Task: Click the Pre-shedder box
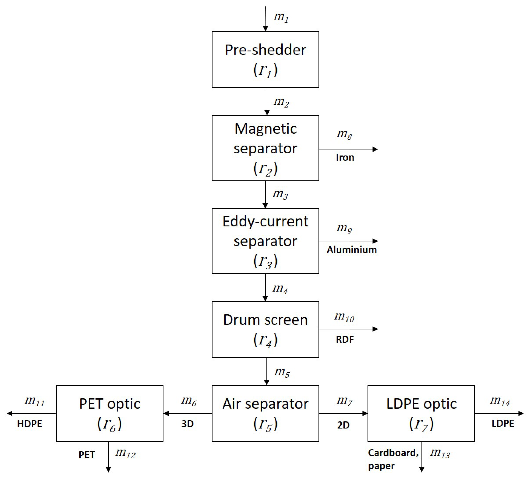(x=265, y=59)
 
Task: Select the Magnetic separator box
(x=265, y=148)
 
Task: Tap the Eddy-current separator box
(x=265, y=241)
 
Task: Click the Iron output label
(x=345, y=157)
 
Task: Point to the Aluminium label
(x=352, y=250)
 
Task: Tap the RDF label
(x=345, y=340)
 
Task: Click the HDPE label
(x=30, y=424)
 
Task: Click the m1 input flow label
(x=281, y=17)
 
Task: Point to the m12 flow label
(x=125, y=453)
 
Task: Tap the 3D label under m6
(x=187, y=424)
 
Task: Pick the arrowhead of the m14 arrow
(x=521, y=413)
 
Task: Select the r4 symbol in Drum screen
(x=265, y=340)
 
